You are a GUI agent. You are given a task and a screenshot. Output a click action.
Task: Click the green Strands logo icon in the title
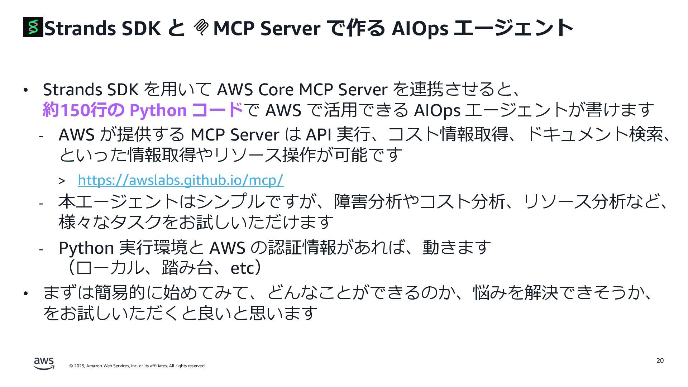coord(33,27)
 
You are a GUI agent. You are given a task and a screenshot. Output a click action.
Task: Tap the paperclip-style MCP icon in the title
coord(201,27)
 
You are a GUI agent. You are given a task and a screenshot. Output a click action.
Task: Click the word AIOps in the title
coord(420,28)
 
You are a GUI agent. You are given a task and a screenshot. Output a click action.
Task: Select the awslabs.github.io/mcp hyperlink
coord(181,180)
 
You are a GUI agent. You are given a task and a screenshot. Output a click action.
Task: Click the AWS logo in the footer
coord(44,363)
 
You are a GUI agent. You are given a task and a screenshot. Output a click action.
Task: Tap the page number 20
coord(660,360)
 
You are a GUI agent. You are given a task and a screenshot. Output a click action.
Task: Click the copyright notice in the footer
coord(137,366)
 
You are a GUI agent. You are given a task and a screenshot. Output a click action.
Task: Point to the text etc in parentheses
coord(242,268)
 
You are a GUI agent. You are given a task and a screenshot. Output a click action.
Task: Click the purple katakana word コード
coord(218,110)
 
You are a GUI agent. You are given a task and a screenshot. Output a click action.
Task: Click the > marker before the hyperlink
coord(62,181)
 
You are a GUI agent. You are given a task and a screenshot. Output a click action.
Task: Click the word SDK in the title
coord(141,28)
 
